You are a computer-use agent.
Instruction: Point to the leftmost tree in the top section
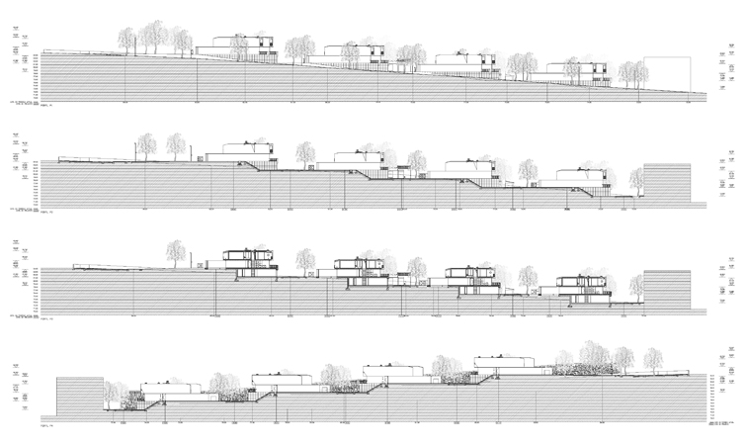click(x=126, y=40)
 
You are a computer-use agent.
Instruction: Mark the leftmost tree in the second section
click(x=146, y=145)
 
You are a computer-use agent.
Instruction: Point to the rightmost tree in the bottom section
click(x=652, y=357)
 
